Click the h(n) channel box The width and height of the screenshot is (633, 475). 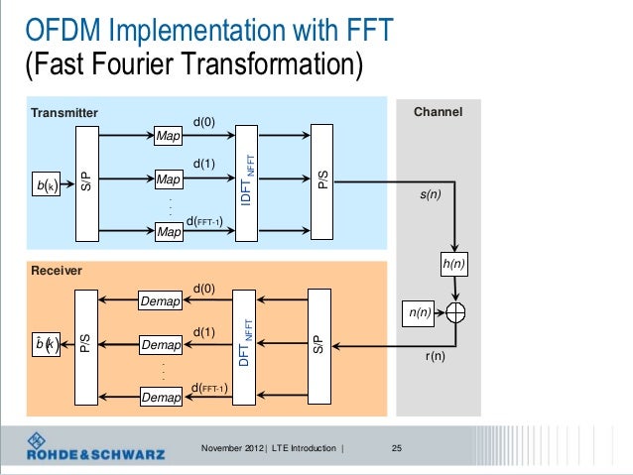click(453, 266)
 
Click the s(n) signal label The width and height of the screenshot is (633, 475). click(431, 196)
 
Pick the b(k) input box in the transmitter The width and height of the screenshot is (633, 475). click(47, 184)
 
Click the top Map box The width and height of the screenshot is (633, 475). click(169, 134)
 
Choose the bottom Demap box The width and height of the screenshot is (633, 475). click(160, 398)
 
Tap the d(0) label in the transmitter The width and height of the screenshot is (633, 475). click(203, 122)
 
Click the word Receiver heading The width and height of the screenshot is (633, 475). click(57, 270)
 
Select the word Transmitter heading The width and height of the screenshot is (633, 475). click(64, 112)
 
